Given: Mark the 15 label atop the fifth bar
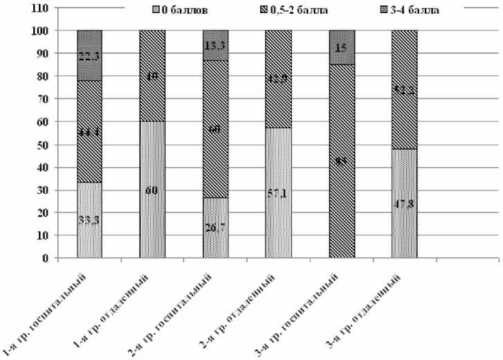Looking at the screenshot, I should tap(341, 48).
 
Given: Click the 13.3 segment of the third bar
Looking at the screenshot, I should tap(215, 45).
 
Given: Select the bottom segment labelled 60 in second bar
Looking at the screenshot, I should tap(152, 188).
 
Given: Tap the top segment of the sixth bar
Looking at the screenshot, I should tap(404, 89).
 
